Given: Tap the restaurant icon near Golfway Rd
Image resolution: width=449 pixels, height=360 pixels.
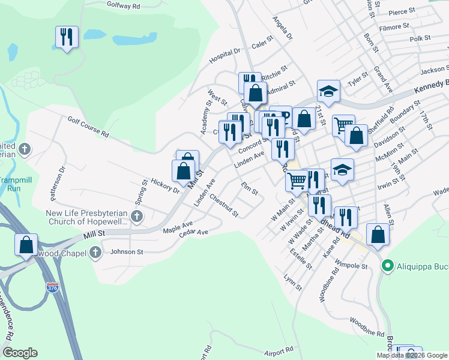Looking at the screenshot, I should pyautogui.click(x=67, y=37).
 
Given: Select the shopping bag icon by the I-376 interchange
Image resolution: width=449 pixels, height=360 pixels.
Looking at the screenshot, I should pyautogui.click(x=26, y=245).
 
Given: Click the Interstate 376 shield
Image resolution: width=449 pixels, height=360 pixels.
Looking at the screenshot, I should pyautogui.click(x=53, y=287).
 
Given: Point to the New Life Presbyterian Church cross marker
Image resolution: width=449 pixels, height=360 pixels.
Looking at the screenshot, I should pyautogui.click(x=137, y=216).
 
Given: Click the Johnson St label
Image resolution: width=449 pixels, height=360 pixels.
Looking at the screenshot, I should pyautogui.click(x=125, y=252).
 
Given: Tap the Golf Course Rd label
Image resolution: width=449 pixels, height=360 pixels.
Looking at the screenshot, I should pyautogui.click(x=88, y=127).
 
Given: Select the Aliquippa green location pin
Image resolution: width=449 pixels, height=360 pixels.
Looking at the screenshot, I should pyautogui.click(x=388, y=265).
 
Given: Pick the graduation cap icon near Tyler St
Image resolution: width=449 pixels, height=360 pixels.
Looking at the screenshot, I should pyautogui.click(x=328, y=91).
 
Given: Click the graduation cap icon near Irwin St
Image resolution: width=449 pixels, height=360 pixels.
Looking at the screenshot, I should pyautogui.click(x=342, y=170).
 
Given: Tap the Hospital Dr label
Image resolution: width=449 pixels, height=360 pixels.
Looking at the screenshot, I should pyautogui.click(x=225, y=56).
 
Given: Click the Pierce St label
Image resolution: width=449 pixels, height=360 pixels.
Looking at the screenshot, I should pyautogui.click(x=402, y=11).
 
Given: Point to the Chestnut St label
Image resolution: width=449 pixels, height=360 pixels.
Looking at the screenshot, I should pyautogui.click(x=224, y=205).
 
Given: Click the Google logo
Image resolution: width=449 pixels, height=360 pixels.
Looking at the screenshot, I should pyautogui.click(x=20, y=353).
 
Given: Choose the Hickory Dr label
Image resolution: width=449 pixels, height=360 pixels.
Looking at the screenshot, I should pyautogui.click(x=165, y=183).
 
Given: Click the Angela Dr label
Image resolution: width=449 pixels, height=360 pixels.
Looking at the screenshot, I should pyautogui.click(x=282, y=27).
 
